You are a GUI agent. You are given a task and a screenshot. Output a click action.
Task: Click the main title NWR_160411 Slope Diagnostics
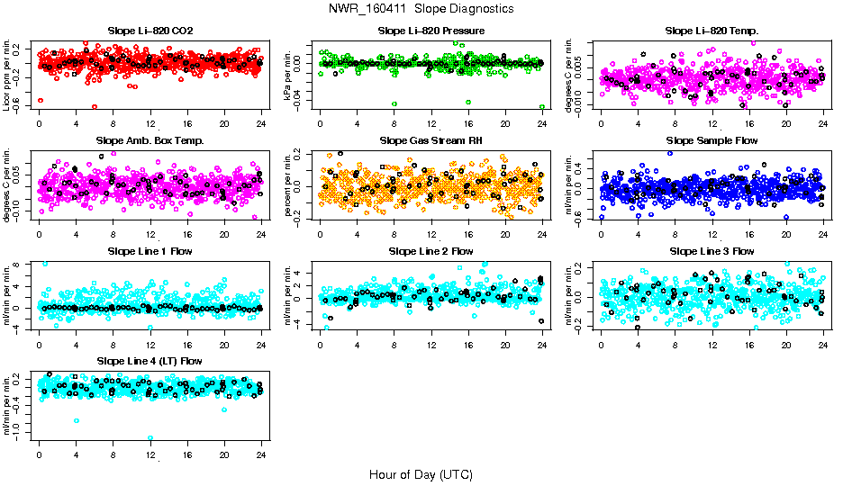coord(421,8)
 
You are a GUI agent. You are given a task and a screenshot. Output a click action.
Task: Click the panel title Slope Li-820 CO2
coord(150,31)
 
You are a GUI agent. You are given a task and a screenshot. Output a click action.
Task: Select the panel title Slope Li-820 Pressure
coord(431,31)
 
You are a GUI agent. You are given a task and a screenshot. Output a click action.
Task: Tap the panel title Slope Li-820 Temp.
coord(712,31)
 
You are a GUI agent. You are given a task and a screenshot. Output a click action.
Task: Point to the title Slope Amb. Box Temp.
coord(150,141)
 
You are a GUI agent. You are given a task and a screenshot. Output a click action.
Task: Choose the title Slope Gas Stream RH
coord(431,141)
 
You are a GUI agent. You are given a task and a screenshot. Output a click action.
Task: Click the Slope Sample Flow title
coord(712,141)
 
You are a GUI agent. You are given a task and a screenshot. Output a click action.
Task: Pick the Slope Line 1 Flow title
coord(150,251)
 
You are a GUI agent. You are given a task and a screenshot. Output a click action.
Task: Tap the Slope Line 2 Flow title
coord(431,251)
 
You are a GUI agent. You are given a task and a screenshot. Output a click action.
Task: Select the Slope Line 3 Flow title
coord(712,251)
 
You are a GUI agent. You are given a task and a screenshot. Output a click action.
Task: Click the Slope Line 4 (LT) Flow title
coord(150,361)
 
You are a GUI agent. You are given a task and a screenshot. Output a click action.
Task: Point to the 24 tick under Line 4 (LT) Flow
coord(261,454)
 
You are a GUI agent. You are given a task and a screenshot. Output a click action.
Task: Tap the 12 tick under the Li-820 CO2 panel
coord(150,125)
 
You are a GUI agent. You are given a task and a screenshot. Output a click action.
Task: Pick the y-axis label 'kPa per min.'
coord(287,75)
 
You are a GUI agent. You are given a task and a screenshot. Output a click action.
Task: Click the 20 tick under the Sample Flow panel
coord(786,235)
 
